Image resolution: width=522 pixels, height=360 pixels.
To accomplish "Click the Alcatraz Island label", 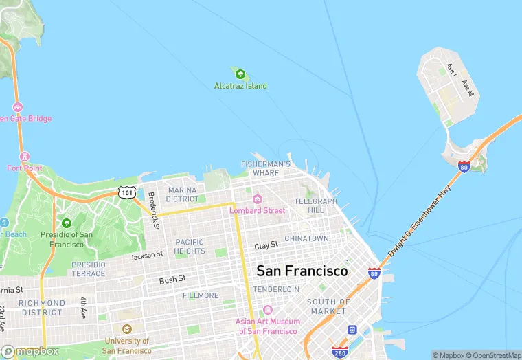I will pos(240,86).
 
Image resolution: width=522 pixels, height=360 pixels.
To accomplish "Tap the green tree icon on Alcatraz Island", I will pos(240,73).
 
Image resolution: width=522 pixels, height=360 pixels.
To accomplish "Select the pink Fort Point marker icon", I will pos(25,157).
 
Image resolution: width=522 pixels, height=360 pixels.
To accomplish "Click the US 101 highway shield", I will pos(126,192).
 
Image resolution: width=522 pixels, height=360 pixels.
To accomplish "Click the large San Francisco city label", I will pos(302,271).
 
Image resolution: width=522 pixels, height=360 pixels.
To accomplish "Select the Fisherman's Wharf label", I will pos(265,168).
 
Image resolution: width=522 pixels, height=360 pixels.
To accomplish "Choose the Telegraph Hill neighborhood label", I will pos(315,205).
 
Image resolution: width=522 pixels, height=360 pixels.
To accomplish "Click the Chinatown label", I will pos(306,238).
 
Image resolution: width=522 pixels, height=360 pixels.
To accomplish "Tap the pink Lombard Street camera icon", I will pos(257,199).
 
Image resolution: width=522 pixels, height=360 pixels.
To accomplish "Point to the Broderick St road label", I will pos(154,210).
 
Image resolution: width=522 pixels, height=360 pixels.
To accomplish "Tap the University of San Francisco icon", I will pos(126,330).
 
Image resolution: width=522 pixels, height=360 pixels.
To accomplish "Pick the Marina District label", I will pos(182,194).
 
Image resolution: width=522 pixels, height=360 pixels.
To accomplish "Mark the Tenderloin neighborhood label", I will pos(276,289).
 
